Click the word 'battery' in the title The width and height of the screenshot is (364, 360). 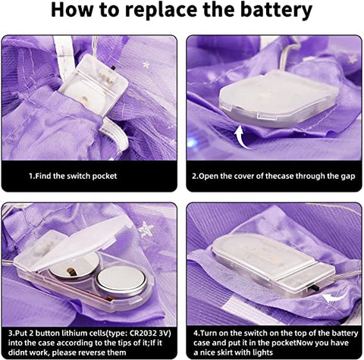pos(276,11)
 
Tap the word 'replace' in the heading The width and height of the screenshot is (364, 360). pos(162,11)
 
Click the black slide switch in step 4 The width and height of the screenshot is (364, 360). pos(313,287)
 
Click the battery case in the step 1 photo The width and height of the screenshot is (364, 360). pos(94,85)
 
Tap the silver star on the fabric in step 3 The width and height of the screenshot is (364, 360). pos(146,229)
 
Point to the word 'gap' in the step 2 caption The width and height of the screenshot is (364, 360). pos(348,177)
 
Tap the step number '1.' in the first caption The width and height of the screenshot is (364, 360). pos(32,176)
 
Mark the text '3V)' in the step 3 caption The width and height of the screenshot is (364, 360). pos(165,333)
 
